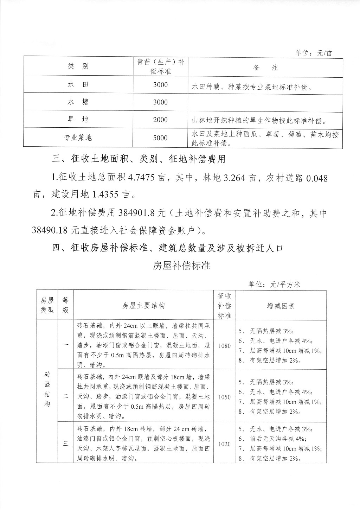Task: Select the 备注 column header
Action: [265, 68]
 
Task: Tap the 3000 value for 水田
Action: [160, 85]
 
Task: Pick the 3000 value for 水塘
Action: [160, 102]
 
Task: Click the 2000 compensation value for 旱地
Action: [160, 120]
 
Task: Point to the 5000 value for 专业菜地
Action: [160, 138]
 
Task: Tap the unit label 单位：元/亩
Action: [314, 53]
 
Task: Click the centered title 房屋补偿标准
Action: [181, 265]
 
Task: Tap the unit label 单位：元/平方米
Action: [274, 285]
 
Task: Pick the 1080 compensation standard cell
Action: [224, 346]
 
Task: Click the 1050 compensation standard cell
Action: [224, 397]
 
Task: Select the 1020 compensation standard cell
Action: [224, 444]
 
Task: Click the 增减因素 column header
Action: [281, 306]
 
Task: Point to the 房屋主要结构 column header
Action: [143, 306]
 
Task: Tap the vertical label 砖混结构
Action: [47, 389]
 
